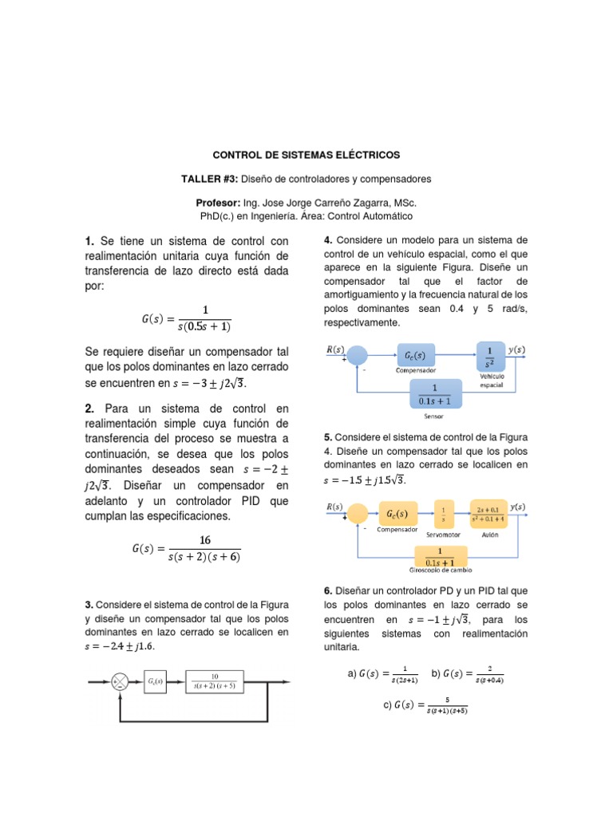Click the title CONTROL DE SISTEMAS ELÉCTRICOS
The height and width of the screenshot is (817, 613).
tap(306, 154)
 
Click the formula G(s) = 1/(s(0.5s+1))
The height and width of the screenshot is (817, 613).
tap(186, 318)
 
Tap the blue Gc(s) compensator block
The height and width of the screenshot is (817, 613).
tap(414, 355)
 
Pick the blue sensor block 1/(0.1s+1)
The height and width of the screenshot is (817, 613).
tap(435, 393)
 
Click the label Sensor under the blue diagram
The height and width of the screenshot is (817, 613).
tap(433, 416)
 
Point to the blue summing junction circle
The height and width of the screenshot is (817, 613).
tap(358, 356)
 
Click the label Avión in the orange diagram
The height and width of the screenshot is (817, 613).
tap(490, 535)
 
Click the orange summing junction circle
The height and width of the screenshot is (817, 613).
tap(358, 513)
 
